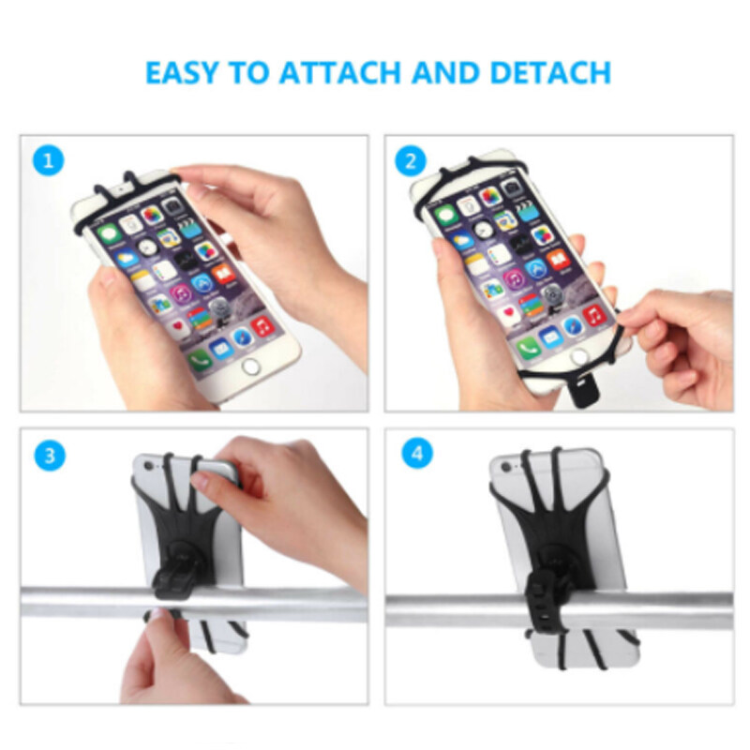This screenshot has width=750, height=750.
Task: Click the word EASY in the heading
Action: point(181,73)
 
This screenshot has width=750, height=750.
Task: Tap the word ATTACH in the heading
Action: point(340,73)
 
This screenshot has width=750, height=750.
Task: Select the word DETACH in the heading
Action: point(550,73)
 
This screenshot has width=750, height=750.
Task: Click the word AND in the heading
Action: point(445,73)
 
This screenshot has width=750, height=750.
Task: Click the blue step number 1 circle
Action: point(49,161)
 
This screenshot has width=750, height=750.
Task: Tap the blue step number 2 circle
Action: point(411,161)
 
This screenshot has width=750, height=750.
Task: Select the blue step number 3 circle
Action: point(50,456)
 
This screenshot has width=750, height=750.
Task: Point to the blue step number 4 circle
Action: point(417,453)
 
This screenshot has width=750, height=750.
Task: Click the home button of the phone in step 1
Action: point(250,367)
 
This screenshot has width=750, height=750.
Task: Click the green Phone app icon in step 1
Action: point(200,359)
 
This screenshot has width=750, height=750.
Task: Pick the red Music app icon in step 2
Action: point(594,315)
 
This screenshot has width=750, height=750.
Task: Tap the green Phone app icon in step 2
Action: point(528,346)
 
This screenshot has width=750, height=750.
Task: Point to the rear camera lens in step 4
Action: point(505,466)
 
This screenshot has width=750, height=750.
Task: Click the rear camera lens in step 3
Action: point(151,465)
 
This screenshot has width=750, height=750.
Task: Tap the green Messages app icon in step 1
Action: point(108,233)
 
